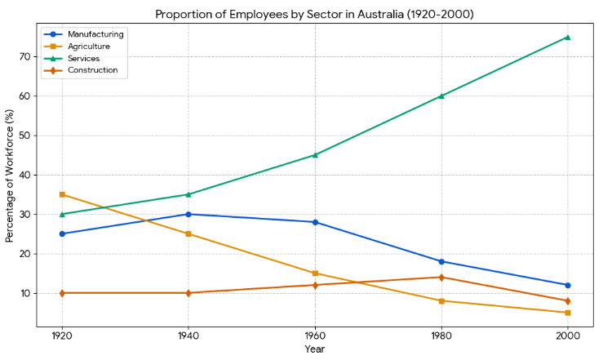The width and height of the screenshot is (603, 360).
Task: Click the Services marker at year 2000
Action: click(x=567, y=37)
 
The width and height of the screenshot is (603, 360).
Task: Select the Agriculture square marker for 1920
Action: click(x=62, y=194)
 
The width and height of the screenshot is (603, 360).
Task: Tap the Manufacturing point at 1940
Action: click(x=188, y=214)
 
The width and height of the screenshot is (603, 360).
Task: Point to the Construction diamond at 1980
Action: click(x=441, y=278)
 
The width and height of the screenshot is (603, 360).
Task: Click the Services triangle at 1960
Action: click(x=315, y=155)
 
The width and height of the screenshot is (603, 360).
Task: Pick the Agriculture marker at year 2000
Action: click(x=567, y=313)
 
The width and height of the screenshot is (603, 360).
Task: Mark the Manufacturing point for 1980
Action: click(x=441, y=261)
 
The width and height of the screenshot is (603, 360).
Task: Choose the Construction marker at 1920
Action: click(x=62, y=293)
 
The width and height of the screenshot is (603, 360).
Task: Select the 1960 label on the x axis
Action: click(x=315, y=336)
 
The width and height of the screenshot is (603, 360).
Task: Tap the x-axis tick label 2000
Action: click(x=567, y=336)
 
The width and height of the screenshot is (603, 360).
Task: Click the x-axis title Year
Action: click(x=314, y=349)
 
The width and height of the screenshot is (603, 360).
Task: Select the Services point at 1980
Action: click(x=441, y=96)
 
